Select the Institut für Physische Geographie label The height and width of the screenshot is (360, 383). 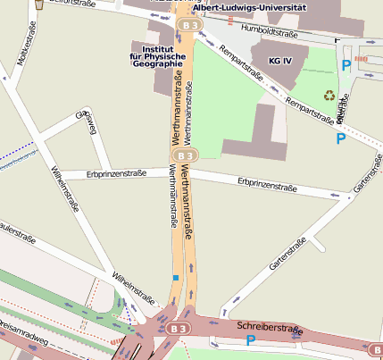157,56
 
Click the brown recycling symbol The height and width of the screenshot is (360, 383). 329,95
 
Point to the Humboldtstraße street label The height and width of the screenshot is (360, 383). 270,32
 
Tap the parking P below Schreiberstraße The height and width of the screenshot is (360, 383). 251,340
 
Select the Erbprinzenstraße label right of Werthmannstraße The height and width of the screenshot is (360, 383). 267,185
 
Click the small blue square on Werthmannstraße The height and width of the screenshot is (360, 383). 176,278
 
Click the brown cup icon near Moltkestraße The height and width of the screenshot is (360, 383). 38,5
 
